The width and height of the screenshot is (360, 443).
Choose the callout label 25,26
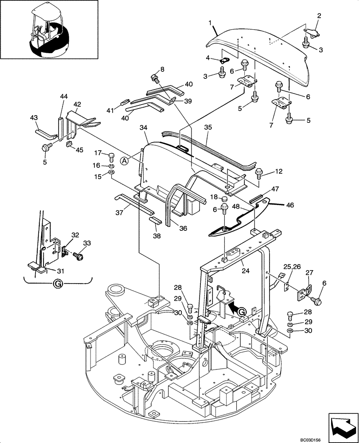291,267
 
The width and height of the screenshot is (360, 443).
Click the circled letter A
125,161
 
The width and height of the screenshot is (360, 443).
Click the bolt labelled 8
155,78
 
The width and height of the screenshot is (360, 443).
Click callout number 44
64,96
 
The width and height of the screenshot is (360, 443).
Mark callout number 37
120,213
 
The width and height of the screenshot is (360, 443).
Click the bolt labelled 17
112,155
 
